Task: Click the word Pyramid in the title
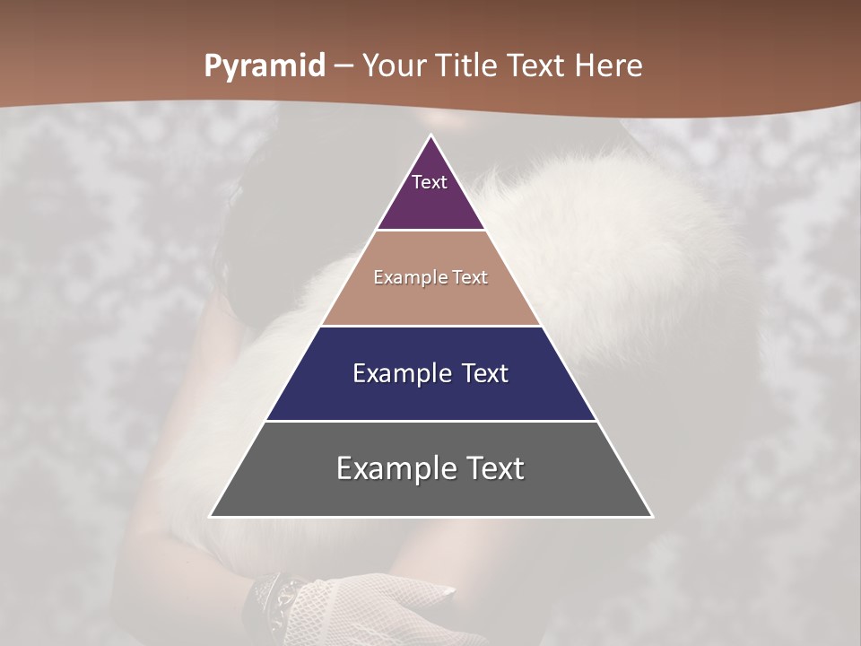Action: (265, 66)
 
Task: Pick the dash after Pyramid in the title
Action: (344, 67)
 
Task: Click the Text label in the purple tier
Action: (430, 182)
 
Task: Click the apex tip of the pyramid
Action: (431, 137)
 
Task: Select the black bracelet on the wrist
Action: (269, 597)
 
